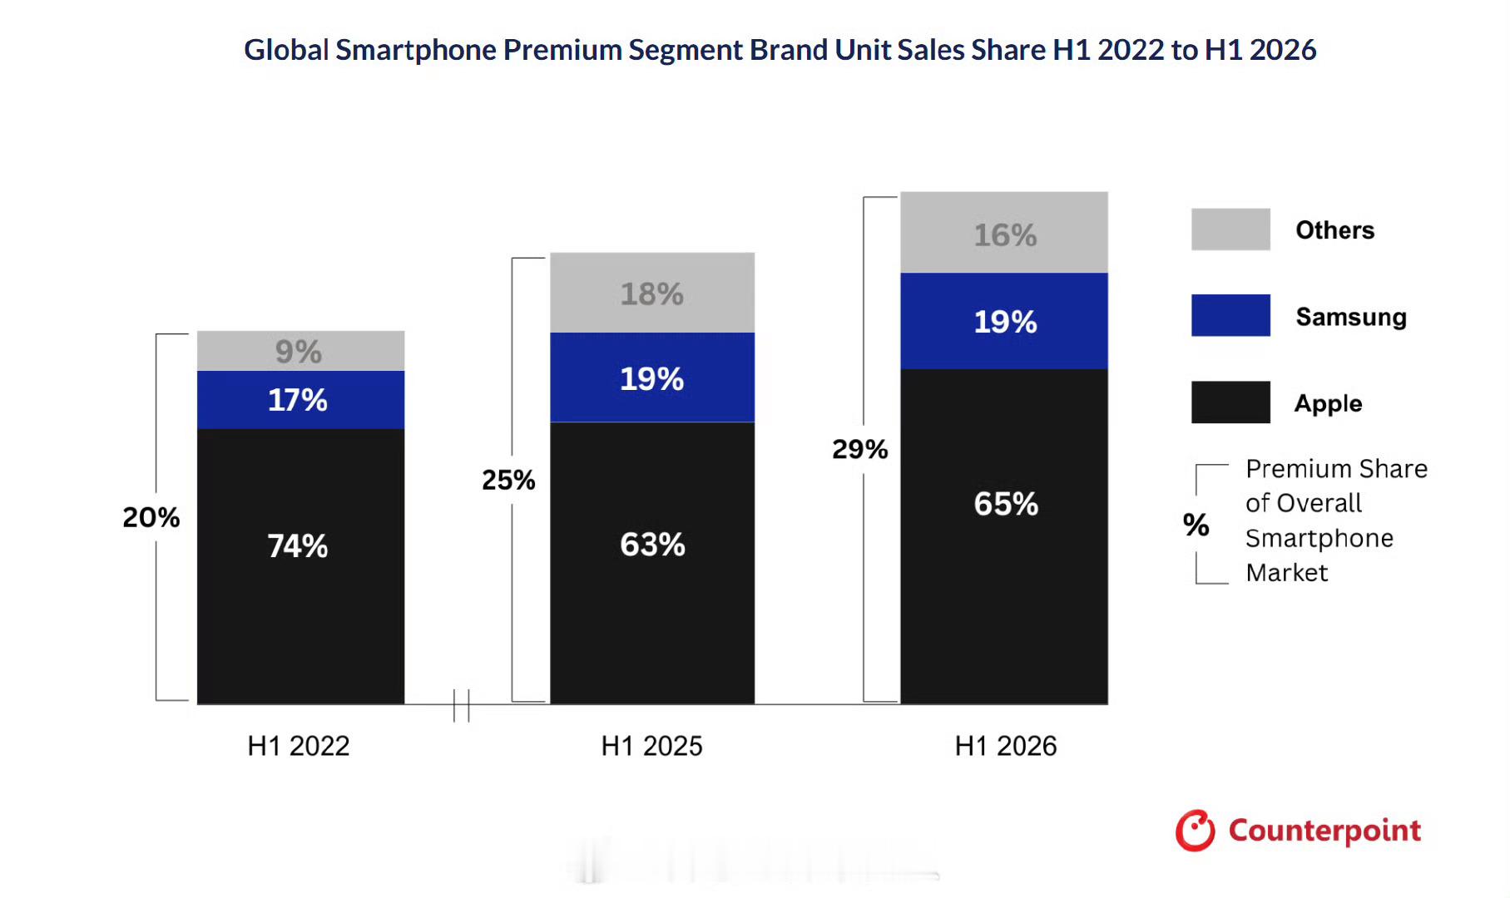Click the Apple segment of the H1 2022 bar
pos(300,566)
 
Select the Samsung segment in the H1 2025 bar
pos(652,377)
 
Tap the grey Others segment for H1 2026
pos(1004,232)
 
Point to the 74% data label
pos(298,546)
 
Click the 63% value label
pos(652,545)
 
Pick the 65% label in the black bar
pos(1006,504)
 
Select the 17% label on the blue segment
pos(298,400)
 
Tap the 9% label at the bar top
pos(299,352)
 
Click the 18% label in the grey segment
pos(652,294)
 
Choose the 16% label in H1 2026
pos(1006,235)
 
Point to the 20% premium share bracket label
pos(151,517)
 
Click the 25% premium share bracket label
pos(508,480)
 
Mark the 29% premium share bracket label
pos(860,449)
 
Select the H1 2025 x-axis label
pos(652,746)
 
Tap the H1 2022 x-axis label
pos(299,746)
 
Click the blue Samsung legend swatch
pos(1230,315)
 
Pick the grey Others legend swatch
pos(1230,229)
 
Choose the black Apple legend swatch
pos(1230,402)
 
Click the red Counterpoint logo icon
pos(1196,831)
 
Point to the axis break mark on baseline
pos(462,706)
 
